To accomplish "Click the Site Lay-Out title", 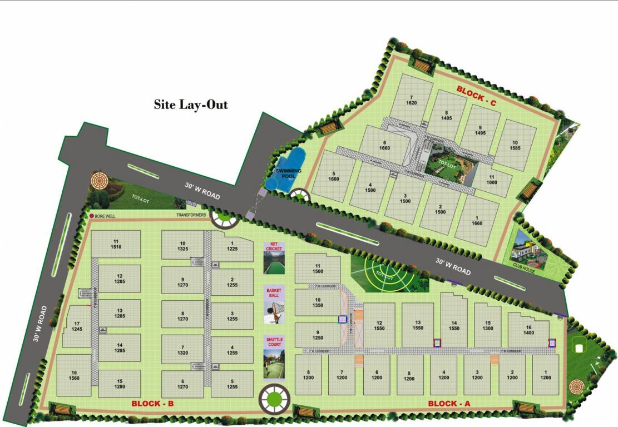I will pos(191,105).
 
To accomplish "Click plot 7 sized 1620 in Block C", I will pos(412,100).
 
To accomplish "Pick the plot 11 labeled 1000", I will pos(491,180).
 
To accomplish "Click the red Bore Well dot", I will pos(91,216).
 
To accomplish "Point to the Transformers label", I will pos(191,215).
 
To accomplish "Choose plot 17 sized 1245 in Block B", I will pos(77,326).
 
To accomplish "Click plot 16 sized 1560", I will pos(73,375).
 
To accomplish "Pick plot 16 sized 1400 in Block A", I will pos(528,329).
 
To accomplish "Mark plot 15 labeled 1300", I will pos(488,325).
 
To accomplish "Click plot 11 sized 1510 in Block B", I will pos(116,244).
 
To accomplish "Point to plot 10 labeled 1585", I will pos(516,145).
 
